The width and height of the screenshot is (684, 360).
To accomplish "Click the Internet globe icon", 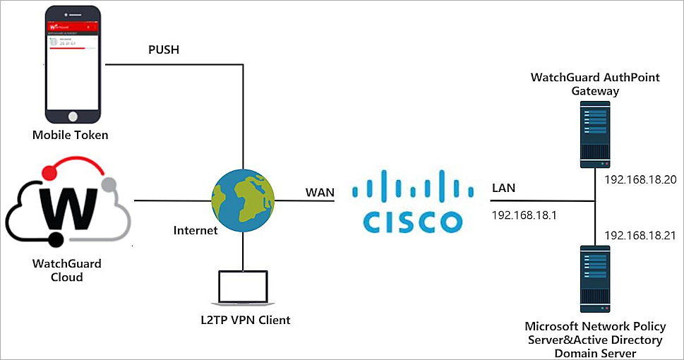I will [242, 201].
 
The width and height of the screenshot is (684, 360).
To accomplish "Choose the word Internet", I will [195, 230].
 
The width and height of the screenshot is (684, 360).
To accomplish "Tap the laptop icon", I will [244, 288].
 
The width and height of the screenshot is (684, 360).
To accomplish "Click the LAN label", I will [504, 188].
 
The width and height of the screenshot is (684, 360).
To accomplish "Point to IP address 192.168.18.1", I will [524, 215].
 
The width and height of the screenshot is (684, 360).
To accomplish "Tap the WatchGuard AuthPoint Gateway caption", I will [595, 84].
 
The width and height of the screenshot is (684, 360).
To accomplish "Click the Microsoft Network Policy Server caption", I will [594, 339].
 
